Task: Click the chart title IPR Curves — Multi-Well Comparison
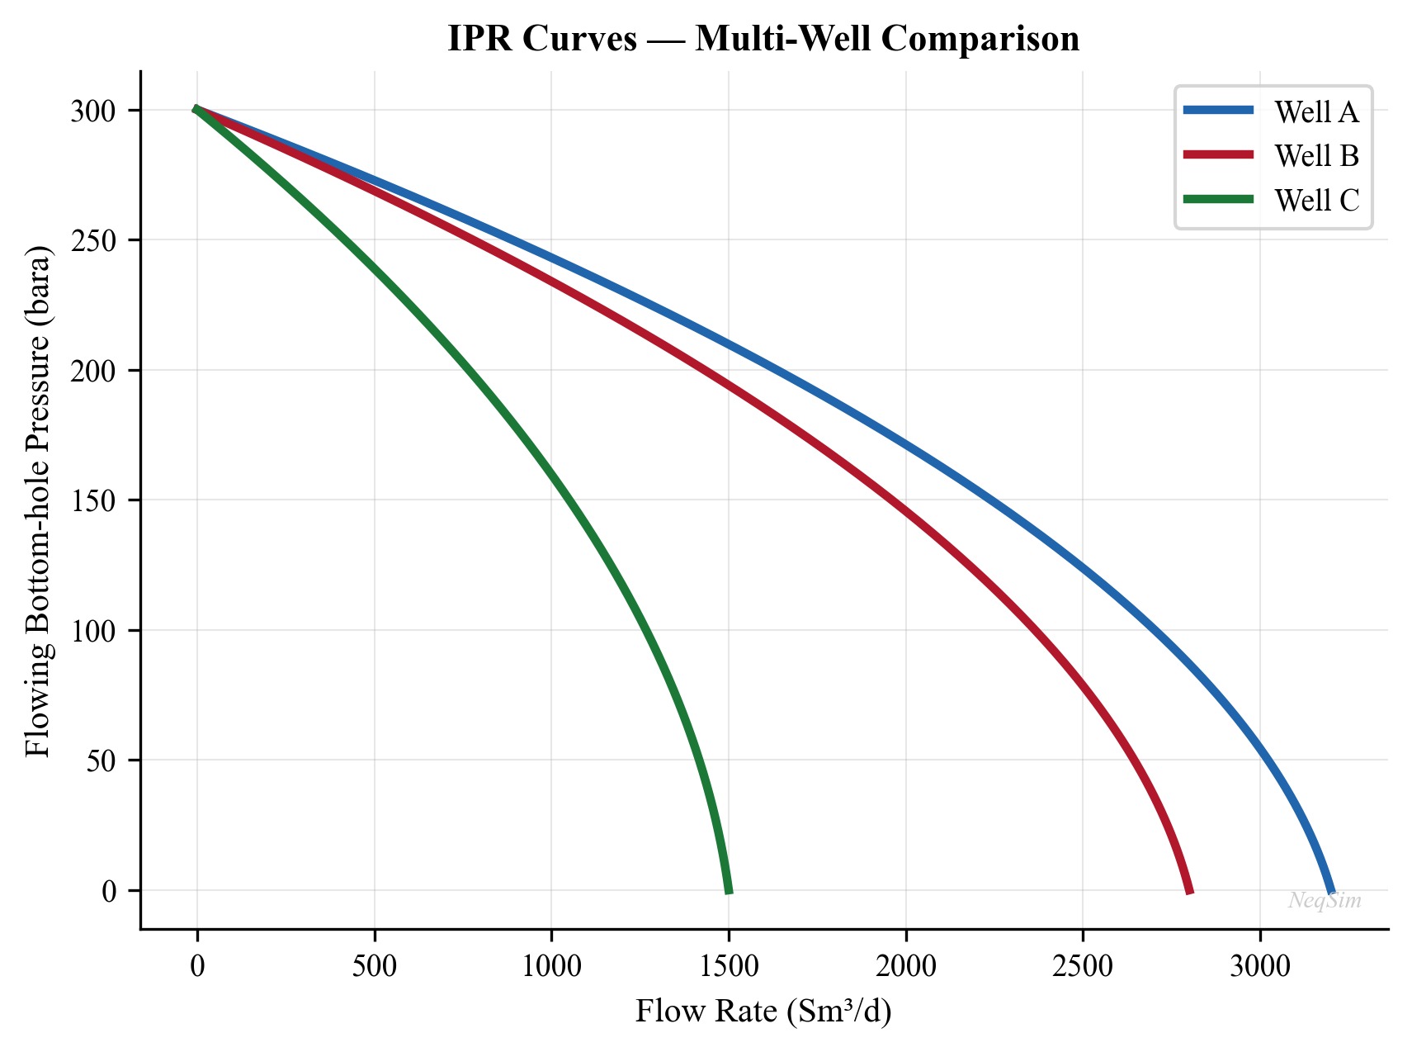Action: point(763,39)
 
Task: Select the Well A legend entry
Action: point(1315,111)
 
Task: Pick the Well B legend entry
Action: point(1315,156)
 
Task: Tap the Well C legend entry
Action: point(1315,201)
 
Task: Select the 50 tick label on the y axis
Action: point(103,761)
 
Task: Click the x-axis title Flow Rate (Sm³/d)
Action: point(763,1012)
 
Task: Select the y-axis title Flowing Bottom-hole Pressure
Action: point(38,500)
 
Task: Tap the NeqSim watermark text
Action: point(1325,901)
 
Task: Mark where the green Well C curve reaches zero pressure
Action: point(729,890)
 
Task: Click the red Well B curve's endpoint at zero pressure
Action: point(1189,890)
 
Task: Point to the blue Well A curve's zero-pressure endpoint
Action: point(1331,890)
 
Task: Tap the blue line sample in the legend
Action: point(1218,110)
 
